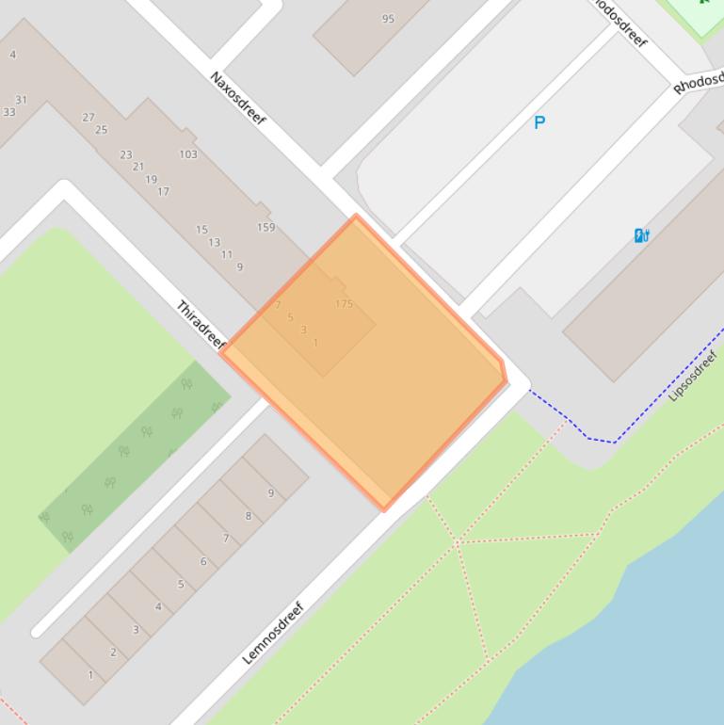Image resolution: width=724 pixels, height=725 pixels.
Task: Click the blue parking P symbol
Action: [x=539, y=122]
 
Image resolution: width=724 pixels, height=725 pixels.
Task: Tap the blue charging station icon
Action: [x=641, y=235]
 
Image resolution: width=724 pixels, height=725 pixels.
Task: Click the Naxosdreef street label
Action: [x=237, y=98]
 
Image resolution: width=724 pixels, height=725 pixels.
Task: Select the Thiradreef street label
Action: [x=201, y=324]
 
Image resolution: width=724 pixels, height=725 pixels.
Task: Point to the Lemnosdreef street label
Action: [x=274, y=633]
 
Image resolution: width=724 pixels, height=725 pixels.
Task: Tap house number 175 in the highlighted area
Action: [x=344, y=304]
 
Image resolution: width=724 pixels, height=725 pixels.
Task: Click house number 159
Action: [x=265, y=227]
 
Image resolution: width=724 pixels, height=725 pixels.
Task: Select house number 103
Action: [x=188, y=154]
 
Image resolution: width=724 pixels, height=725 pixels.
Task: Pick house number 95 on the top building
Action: [x=388, y=19]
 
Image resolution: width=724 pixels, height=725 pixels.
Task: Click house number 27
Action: [x=88, y=118]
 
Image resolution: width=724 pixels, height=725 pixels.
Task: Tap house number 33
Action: [x=9, y=112]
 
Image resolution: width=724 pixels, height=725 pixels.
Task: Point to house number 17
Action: [x=163, y=191]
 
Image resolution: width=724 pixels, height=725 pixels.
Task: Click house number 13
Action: [x=214, y=242]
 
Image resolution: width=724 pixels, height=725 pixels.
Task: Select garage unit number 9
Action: [x=271, y=492]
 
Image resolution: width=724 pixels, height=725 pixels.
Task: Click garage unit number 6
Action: [x=203, y=561]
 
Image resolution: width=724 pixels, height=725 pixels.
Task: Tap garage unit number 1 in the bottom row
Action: [x=90, y=674]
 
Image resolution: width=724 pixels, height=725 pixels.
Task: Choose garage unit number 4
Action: [x=158, y=606]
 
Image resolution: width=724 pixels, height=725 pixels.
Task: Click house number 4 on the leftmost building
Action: [x=13, y=55]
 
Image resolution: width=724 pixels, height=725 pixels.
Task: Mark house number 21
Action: [x=138, y=167]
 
